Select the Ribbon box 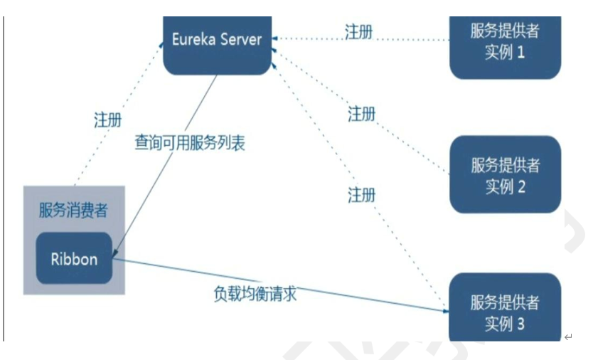(74, 258)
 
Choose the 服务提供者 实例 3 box (506, 311)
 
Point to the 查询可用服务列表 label (190, 142)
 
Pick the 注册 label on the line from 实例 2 (362, 114)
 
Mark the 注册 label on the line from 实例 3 (362, 194)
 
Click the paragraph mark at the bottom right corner (568, 337)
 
